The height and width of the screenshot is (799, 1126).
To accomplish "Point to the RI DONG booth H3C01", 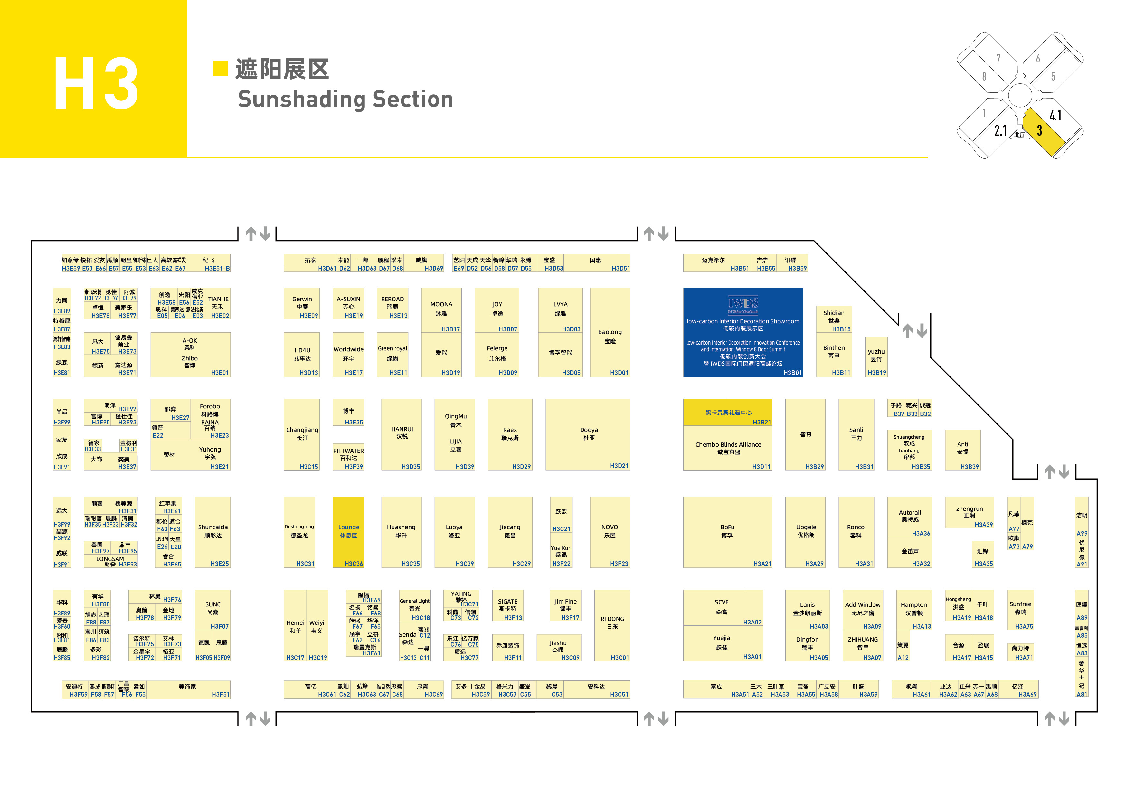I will [612, 624].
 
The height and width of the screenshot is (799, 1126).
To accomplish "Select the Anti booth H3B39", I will [962, 449].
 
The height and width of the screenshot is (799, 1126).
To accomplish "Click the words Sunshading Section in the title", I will [345, 100].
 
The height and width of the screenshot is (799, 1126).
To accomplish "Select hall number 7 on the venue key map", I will [998, 59].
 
